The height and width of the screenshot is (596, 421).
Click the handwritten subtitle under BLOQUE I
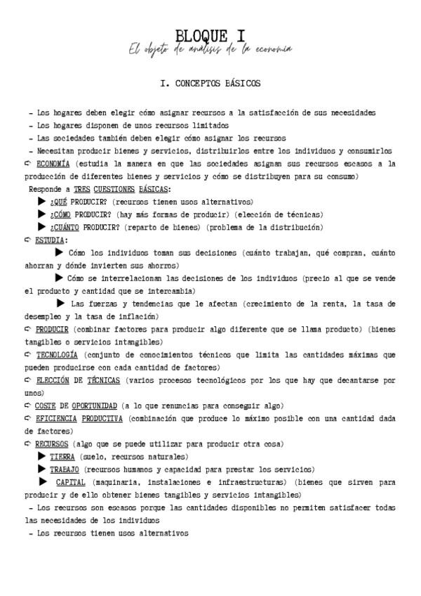210,49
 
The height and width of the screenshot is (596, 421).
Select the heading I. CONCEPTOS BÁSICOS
210,84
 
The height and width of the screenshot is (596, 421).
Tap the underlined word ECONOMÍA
53,164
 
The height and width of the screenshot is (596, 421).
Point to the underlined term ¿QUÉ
58,202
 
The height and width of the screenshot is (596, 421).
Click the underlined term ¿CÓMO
60,214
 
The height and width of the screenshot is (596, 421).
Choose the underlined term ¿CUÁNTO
65,227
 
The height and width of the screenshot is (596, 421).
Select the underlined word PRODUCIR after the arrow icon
52,329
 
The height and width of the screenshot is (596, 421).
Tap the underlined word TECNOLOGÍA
57,354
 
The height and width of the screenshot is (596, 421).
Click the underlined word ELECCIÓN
52,380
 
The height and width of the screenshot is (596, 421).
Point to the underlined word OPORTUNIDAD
95,406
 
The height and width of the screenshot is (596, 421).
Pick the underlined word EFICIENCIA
55,418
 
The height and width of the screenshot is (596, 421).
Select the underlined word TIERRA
62,457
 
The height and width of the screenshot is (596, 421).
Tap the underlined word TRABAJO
64,469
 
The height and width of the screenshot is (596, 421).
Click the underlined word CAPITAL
71,482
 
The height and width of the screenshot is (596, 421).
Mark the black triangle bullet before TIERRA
42,456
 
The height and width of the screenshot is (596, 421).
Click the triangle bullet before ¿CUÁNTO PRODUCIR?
41,226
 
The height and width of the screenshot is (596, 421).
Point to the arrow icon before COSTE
28,406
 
